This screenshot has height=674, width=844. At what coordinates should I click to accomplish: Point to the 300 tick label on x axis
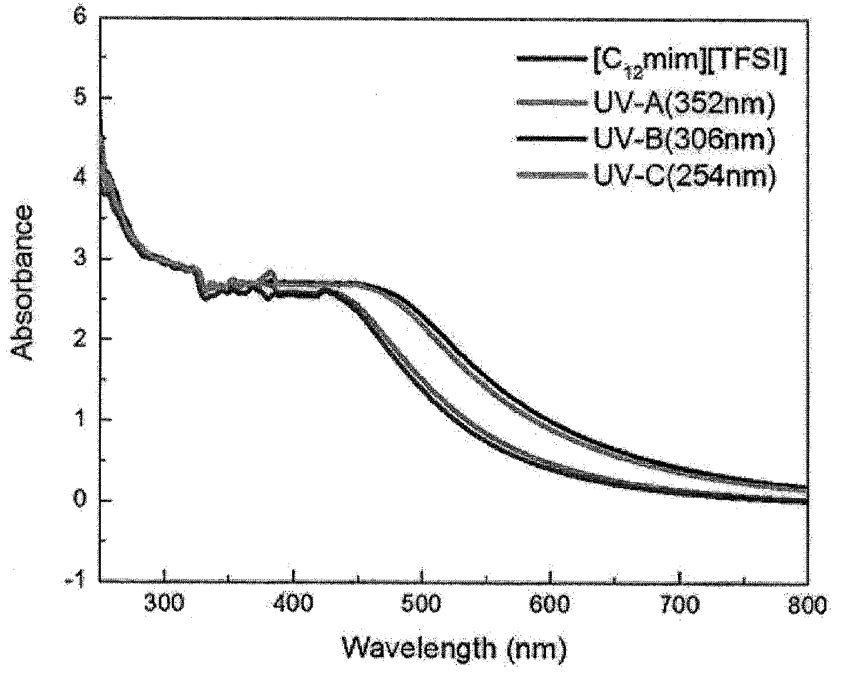pyautogui.click(x=164, y=604)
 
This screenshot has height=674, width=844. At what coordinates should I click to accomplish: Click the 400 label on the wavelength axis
pyautogui.click(x=293, y=604)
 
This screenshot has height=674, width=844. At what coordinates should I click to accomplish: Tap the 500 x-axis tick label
pyautogui.click(x=421, y=604)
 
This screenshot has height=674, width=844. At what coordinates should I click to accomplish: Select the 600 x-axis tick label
pyautogui.click(x=550, y=604)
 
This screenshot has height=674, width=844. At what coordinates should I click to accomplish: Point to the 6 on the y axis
pyautogui.click(x=80, y=17)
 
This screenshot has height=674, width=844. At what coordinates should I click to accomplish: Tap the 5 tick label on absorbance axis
pyautogui.click(x=80, y=98)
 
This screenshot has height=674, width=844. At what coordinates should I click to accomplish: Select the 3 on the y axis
pyautogui.click(x=80, y=259)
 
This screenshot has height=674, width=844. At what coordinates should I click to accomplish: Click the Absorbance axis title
pyautogui.click(x=21, y=283)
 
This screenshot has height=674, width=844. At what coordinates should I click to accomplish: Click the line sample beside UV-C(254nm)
pyautogui.click(x=553, y=176)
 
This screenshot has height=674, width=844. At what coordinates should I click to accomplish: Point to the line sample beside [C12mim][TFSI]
pyautogui.click(x=553, y=59)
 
